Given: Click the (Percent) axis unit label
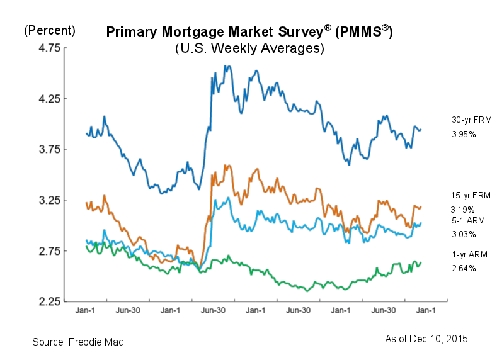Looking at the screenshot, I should tap(50, 30).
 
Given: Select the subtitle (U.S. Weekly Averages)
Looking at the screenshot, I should tap(249, 48).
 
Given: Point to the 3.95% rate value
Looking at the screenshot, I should tap(463, 134).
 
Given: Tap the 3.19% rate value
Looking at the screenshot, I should tap(463, 209).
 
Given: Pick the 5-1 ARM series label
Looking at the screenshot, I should tap(467, 220).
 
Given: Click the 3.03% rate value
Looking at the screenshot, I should tap(463, 234).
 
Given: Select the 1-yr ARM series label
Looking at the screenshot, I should tap(467, 254).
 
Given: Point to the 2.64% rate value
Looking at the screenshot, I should tap(463, 268).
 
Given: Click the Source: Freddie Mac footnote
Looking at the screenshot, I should tap(77, 342).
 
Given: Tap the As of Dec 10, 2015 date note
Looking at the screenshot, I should tap(426, 339).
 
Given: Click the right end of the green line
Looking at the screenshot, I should tap(421, 262).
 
